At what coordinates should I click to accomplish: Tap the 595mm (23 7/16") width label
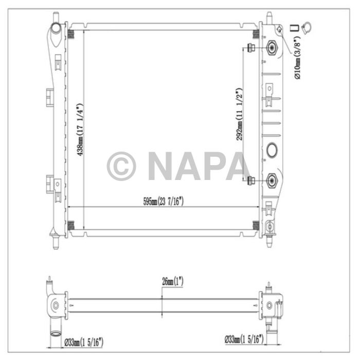point(164,201)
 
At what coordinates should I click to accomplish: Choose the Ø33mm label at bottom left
point(84,340)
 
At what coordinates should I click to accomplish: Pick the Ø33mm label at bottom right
point(244,339)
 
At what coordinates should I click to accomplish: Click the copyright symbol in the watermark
point(121,166)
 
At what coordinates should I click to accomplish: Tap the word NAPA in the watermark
point(198,166)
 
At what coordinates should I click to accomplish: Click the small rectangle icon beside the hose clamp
point(294,28)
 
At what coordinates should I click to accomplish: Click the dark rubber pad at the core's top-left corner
point(71,35)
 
